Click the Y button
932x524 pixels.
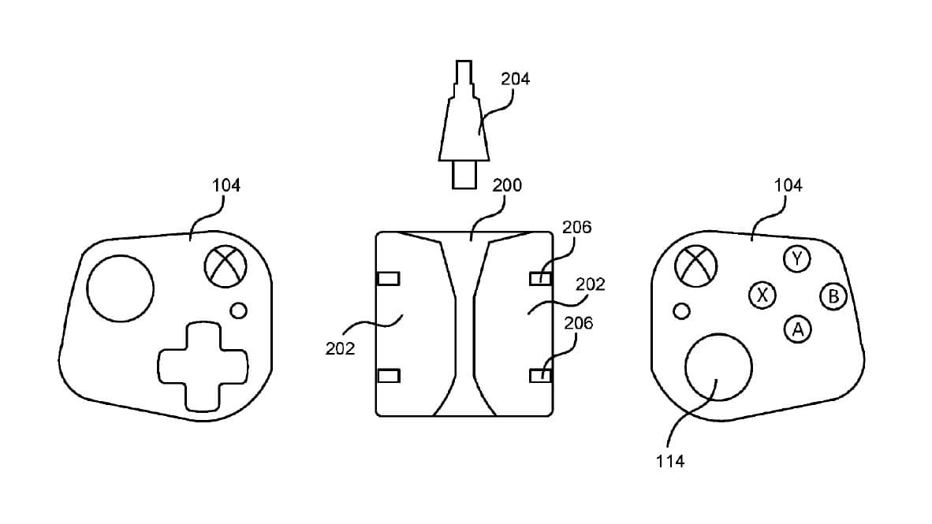point(798,258)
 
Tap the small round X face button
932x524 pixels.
point(762,295)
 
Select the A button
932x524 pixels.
point(798,329)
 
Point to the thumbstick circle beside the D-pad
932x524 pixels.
point(121,288)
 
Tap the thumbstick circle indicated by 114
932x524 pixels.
point(718,366)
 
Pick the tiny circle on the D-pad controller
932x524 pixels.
point(239,310)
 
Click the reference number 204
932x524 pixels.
point(516,79)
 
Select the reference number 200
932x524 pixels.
point(507,186)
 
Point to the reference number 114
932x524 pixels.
point(669,462)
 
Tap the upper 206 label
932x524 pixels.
point(576,227)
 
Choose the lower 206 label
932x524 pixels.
point(578,322)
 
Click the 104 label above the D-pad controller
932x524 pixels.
point(226,185)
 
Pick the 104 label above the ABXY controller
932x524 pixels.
point(788,185)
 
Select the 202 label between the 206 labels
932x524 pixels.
point(590,284)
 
